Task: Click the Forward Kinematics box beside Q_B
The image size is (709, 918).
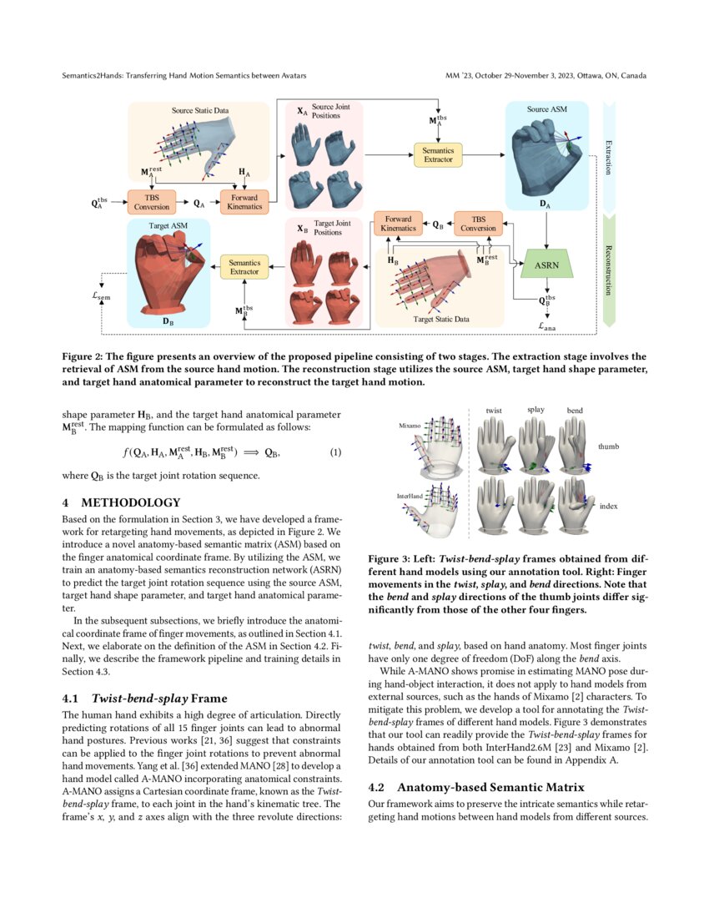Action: tap(397, 224)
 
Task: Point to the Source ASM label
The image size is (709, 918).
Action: tap(548, 109)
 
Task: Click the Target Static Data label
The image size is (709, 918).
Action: tap(439, 319)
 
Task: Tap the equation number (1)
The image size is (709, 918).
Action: tap(334, 452)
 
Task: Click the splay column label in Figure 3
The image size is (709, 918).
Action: tap(536, 410)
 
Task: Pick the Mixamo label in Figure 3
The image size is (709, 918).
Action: tap(410, 425)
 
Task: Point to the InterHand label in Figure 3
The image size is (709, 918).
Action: tap(412, 497)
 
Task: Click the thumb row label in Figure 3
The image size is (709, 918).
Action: tap(609, 446)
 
